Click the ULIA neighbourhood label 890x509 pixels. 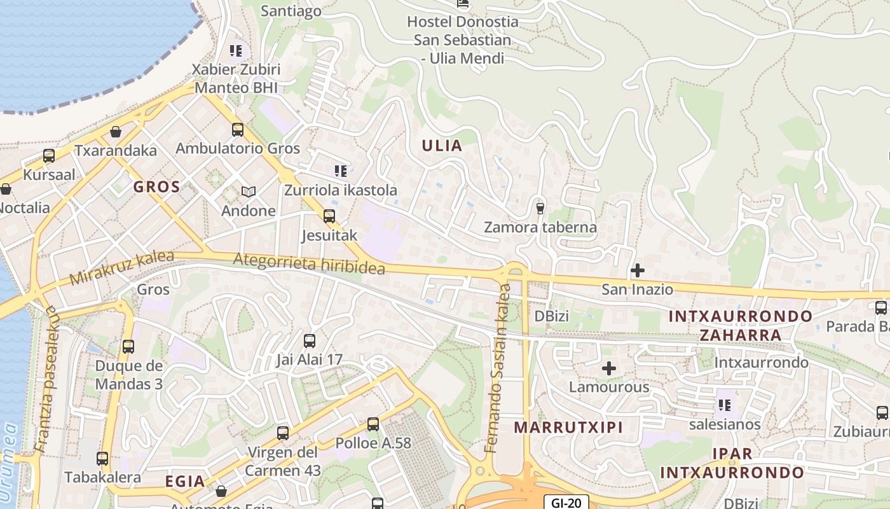(x=442, y=146)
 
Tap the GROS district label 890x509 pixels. (x=156, y=187)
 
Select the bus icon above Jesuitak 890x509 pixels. (x=329, y=216)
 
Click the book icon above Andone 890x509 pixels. (x=248, y=192)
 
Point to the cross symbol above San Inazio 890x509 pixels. (x=637, y=270)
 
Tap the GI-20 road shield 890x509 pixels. (x=566, y=503)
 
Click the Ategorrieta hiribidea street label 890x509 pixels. (x=309, y=263)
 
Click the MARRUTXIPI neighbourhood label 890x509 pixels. (x=568, y=427)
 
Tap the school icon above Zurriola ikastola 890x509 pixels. (x=341, y=171)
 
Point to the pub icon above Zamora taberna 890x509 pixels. (x=540, y=207)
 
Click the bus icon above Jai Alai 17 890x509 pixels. (x=310, y=341)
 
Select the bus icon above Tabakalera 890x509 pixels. (x=102, y=459)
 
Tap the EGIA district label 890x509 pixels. (x=185, y=481)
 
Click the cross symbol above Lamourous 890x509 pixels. (x=609, y=368)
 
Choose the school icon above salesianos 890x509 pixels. (x=724, y=405)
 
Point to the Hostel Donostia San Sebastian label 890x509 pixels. (x=462, y=39)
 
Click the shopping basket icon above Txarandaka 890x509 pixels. (x=116, y=132)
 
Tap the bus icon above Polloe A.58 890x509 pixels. (x=373, y=424)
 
